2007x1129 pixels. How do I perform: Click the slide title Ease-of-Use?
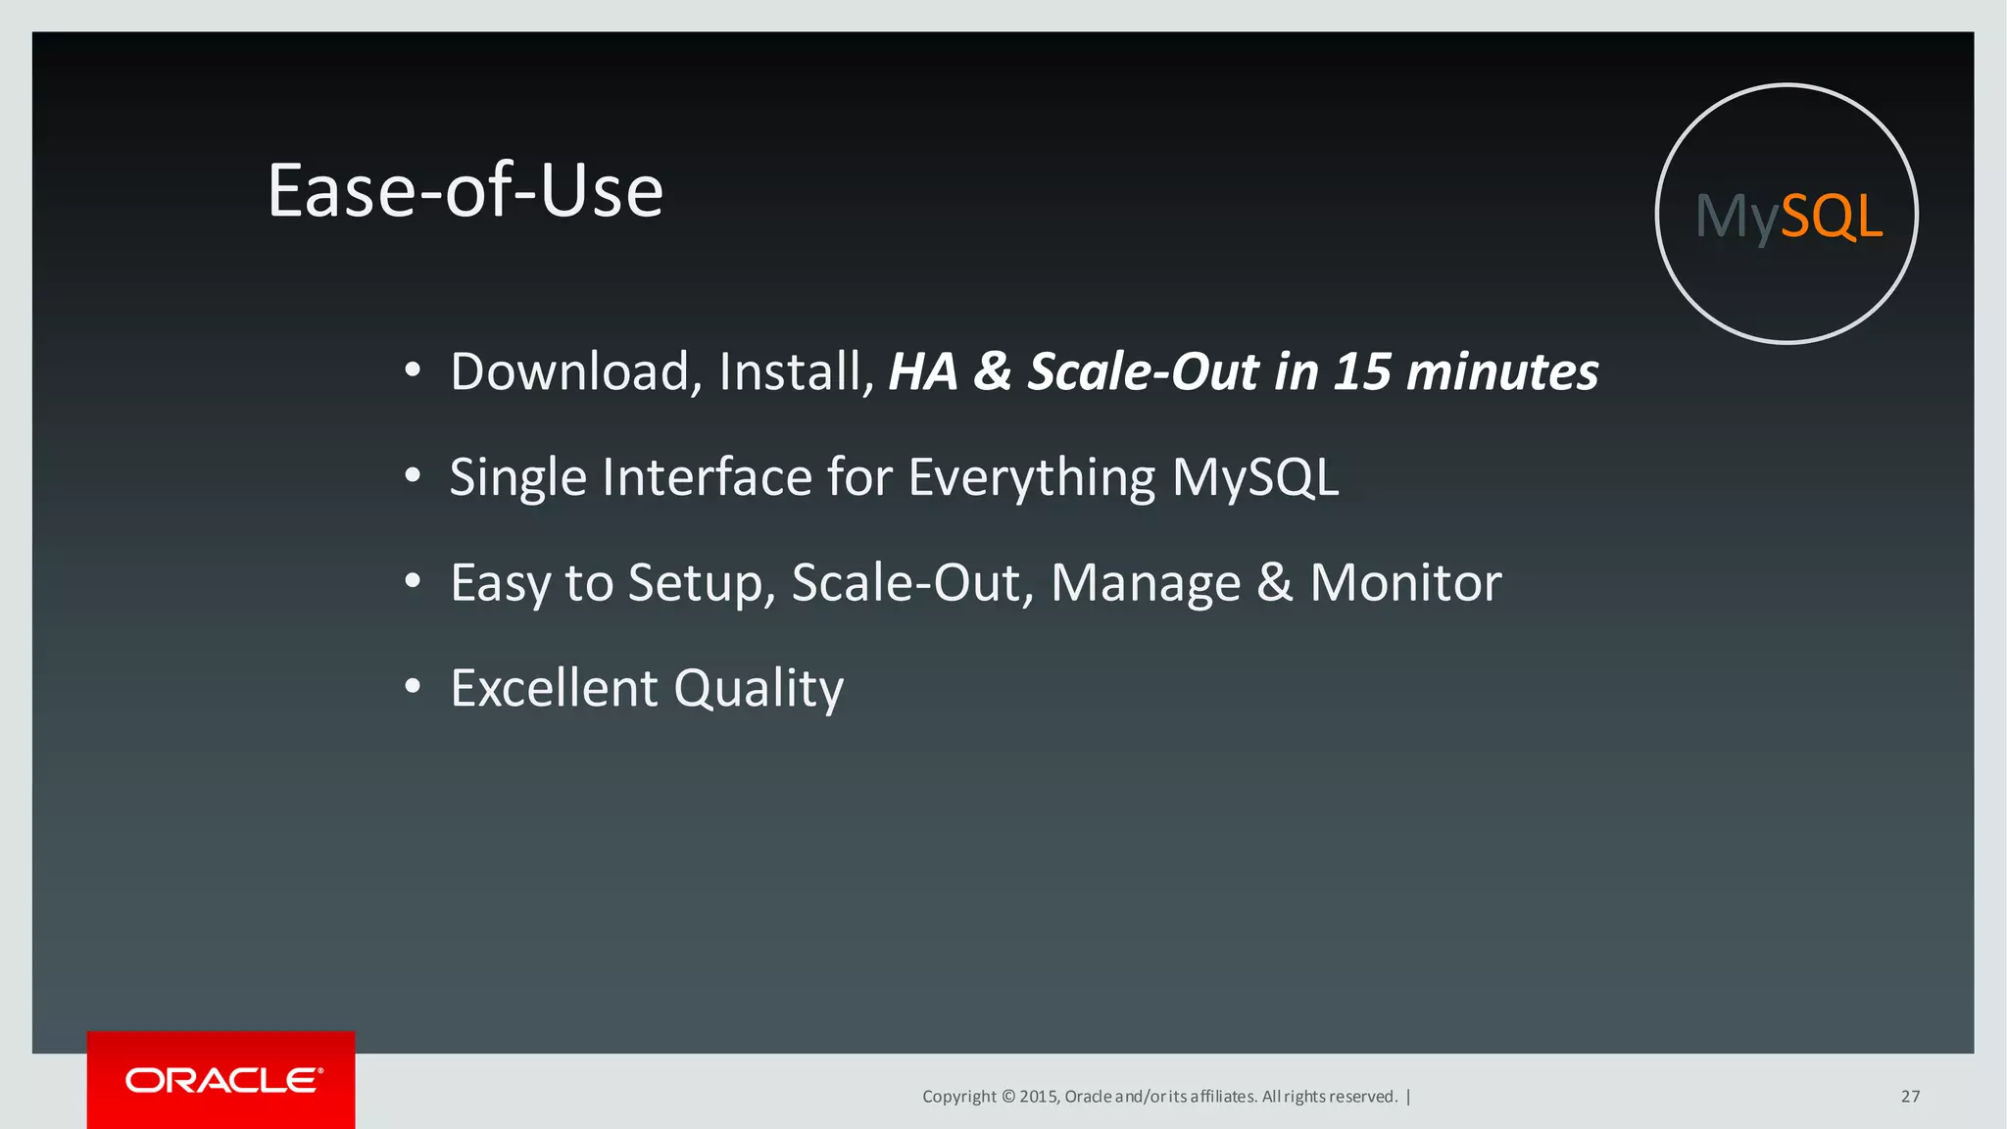465,190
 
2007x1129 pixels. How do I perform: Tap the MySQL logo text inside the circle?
1788,216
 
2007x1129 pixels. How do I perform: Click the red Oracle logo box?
221,1080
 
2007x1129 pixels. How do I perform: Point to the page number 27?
1910,1097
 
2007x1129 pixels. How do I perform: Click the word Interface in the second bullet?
707,477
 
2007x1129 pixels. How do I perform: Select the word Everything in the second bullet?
1032,477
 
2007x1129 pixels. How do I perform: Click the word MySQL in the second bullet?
1255,477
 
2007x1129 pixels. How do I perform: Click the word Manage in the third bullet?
1146,583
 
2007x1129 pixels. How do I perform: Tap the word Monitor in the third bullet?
1405,583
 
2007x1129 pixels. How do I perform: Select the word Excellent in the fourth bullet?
554,688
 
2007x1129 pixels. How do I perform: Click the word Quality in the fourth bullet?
759,688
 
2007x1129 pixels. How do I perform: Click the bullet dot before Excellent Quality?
413,687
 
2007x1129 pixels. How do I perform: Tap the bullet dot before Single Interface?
413,476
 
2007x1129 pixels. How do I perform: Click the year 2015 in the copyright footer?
1038,1097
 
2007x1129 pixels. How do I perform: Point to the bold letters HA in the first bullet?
922,371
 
